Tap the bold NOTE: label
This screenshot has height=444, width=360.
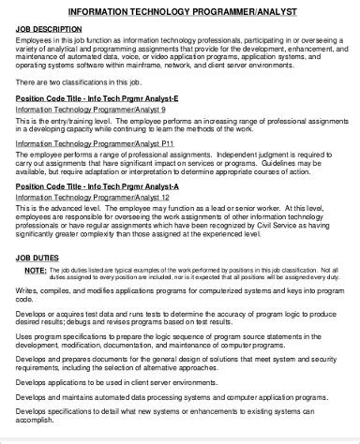34,269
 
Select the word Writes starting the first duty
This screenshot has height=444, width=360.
26,292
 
